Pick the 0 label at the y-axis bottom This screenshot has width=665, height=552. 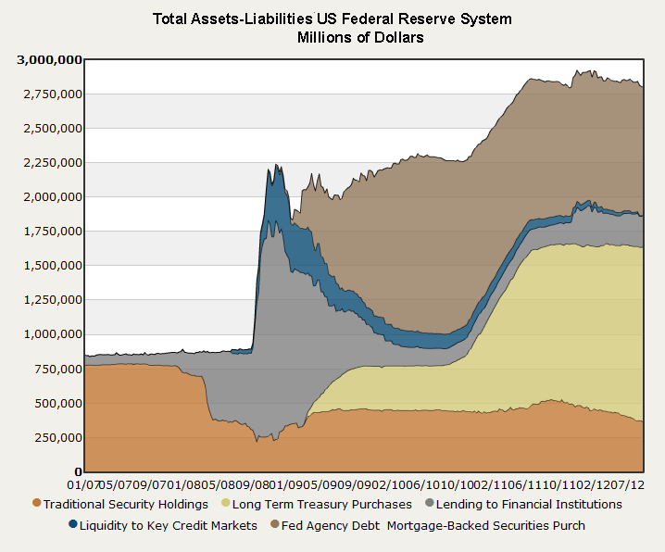pos(78,470)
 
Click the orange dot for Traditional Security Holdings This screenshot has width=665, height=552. pos(36,504)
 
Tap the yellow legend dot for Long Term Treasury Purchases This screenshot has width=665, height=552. pos(224,504)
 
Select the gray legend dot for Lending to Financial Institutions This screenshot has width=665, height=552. pos(428,504)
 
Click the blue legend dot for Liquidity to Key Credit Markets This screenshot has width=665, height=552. pos(73,525)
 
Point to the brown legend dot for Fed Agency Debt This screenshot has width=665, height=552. pos(275,525)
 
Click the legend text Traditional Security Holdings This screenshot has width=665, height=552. pos(125,505)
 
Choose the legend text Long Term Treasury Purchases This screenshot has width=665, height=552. pos(322,505)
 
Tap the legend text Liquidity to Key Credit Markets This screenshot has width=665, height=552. pos(168,526)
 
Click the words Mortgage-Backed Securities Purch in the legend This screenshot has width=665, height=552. pos(485,526)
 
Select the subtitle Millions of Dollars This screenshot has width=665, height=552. pos(360,38)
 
